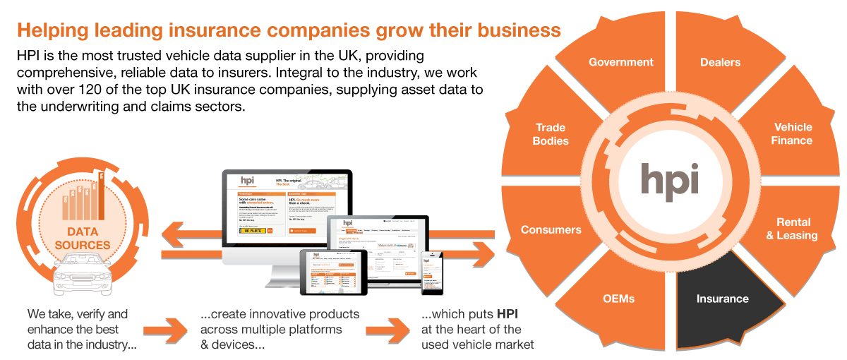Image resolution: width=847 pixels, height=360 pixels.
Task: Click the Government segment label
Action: (x=621, y=62)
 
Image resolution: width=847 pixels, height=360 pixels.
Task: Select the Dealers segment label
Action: (x=720, y=62)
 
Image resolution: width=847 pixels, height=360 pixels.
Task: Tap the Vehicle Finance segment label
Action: (x=793, y=133)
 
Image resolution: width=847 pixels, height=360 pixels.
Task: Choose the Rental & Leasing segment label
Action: (x=792, y=229)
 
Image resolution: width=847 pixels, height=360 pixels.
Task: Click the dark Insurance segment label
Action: (x=721, y=299)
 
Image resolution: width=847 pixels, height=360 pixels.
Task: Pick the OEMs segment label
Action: (x=619, y=299)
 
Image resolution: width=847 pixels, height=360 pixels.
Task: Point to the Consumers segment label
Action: (x=551, y=229)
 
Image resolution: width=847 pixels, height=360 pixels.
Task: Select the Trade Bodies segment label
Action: (x=551, y=133)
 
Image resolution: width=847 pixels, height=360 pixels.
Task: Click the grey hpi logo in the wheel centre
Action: (x=670, y=180)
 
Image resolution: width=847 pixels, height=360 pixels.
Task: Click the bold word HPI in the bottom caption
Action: (x=508, y=313)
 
